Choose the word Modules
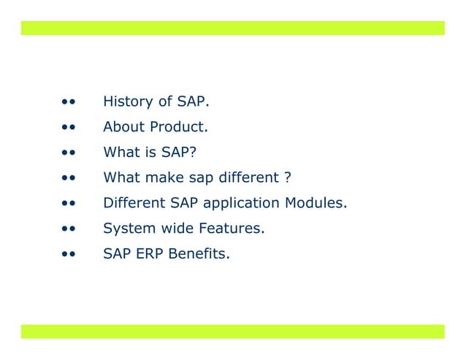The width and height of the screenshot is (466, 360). pyautogui.click(x=317, y=203)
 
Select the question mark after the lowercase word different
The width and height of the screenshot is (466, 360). pyautogui.click(x=288, y=177)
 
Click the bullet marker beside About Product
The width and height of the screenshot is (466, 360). pyautogui.click(x=69, y=127)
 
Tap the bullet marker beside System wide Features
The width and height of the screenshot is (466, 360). pyautogui.click(x=69, y=229)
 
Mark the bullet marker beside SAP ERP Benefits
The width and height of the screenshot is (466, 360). pyautogui.click(x=69, y=255)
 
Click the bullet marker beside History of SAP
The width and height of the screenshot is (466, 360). pyautogui.click(x=69, y=102)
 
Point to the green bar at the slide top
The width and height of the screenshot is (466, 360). pyautogui.click(x=232, y=28)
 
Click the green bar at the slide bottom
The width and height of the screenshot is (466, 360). pyautogui.click(x=232, y=332)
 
